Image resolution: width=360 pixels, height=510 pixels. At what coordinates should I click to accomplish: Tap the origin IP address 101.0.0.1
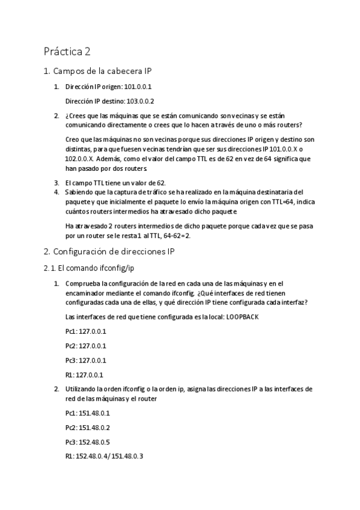point(138,87)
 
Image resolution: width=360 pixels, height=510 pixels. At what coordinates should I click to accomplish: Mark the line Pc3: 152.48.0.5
point(88,442)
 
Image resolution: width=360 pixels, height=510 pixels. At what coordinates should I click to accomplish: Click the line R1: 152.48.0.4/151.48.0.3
point(104,456)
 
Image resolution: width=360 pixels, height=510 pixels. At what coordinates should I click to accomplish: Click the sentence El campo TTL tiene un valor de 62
point(115,182)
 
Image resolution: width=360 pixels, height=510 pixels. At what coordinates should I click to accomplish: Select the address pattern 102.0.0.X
point(79,159)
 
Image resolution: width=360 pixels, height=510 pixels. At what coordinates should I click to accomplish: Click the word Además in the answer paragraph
point(110,159)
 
